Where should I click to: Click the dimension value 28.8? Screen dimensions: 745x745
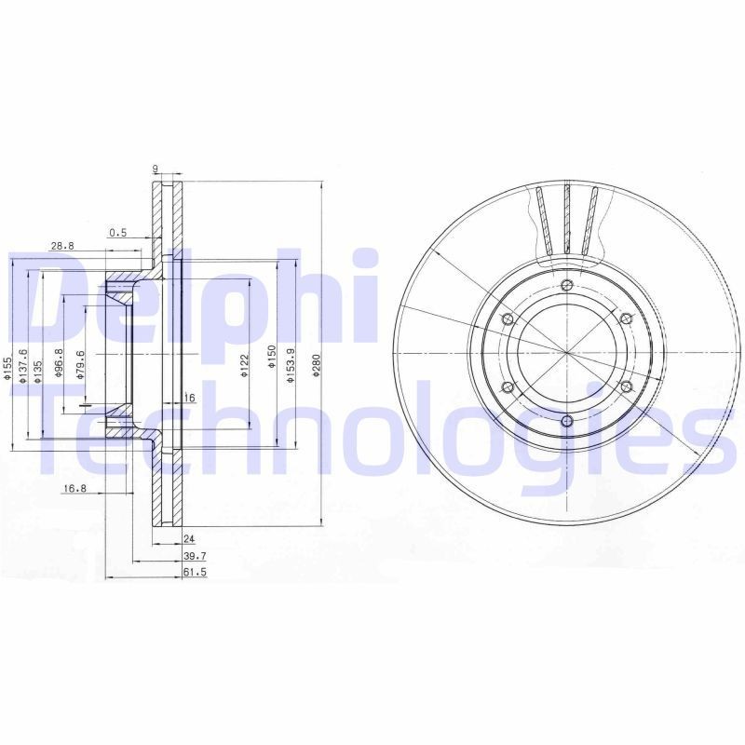(61, 246)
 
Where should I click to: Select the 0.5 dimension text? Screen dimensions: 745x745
(117, 232)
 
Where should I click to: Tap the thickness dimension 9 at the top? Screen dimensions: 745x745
(156, 169)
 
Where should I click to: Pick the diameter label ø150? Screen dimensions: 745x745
(270, 359)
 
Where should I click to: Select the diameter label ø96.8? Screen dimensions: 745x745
(59, 364)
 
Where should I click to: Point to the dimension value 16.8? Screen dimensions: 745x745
(74, 488)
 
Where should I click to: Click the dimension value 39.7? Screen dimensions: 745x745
(193, 555)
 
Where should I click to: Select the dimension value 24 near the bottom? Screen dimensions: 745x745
(188, 539)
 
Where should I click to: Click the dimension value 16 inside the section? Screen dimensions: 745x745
(189, 398)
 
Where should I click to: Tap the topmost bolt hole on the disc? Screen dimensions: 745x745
(566, 285)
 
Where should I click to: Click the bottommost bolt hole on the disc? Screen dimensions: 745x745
(566, 422)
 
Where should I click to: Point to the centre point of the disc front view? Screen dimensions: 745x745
(566, 353)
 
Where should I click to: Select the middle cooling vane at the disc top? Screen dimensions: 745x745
(566, 219)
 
